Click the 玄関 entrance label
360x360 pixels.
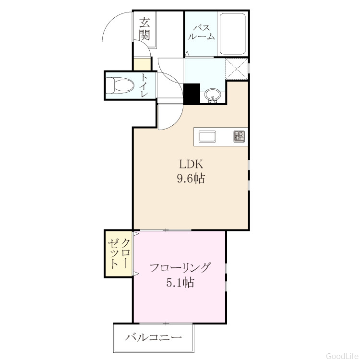pyautogui.click(x=144, y=29)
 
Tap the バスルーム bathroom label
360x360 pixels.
pyautogui.click(x=201, y=32)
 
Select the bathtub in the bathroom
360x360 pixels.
pyautogui.click(x=233, y=34)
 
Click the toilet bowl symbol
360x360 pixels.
pyautogui.click(x=120, y=85)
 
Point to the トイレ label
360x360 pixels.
pyautogui.click(x=144, y=85)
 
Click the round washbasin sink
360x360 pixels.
pyautogui.click(x=213, y=96)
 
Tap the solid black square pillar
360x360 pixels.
pyautogui.click(x=192, y=94)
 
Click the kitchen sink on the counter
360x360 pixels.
pyautogui.click(x=207, y=136)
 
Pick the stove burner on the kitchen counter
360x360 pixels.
pyautogui.click(x=239, y=136)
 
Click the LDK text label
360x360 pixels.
pyautogui.click(x=191, y=164)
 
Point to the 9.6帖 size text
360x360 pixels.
pyautogui.click(x=191, y=178)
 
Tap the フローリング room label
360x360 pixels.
pyautogui.click(x=180, y=267)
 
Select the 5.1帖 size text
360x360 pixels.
pyautogui.click(x=180, y=282)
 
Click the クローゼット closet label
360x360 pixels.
pyautogui.click(x=119, y=253)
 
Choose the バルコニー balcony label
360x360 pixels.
pyautogui.click(x=154, y=337)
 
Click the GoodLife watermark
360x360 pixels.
pyautogui.click(x=343, y=356)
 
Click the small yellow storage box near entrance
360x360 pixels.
pyautogui.click(x=143, y=64)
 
